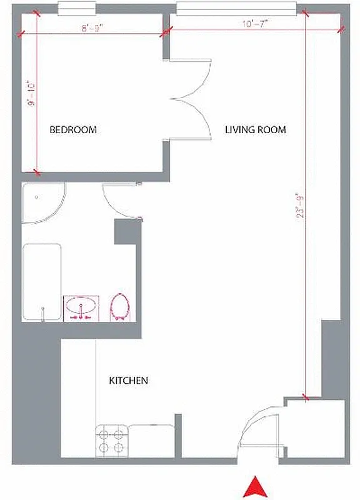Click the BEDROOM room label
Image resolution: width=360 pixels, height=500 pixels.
point(73,130)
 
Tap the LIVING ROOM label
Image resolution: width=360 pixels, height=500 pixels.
point(255,130)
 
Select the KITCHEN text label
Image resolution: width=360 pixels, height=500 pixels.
point(128,380)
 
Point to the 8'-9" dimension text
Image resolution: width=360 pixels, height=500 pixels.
point(92,27)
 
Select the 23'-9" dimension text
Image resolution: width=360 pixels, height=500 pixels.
point(302,204)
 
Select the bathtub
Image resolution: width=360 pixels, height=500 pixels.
point(42,282)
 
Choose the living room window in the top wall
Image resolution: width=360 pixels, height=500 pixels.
point(235,7)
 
